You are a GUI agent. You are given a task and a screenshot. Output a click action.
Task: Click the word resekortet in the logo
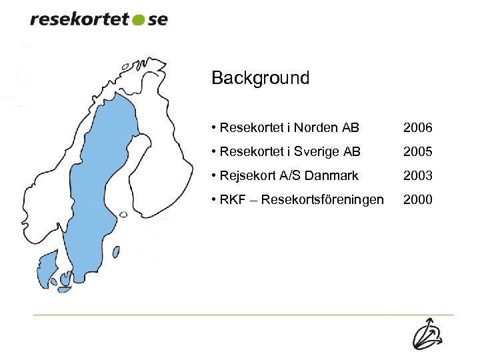click(79, 19)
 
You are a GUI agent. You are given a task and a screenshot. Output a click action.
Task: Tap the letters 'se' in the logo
click(157, 19)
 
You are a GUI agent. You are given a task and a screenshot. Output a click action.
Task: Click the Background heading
click(260, 78)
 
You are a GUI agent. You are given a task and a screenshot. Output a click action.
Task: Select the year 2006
click(418, 127)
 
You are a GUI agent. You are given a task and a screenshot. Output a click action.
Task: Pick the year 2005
click(418, 152)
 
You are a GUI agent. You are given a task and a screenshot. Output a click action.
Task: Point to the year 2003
click(418, 176)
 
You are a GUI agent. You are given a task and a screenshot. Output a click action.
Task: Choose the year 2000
click(418, 200)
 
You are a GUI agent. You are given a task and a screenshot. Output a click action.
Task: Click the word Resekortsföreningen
click(323, 200)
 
